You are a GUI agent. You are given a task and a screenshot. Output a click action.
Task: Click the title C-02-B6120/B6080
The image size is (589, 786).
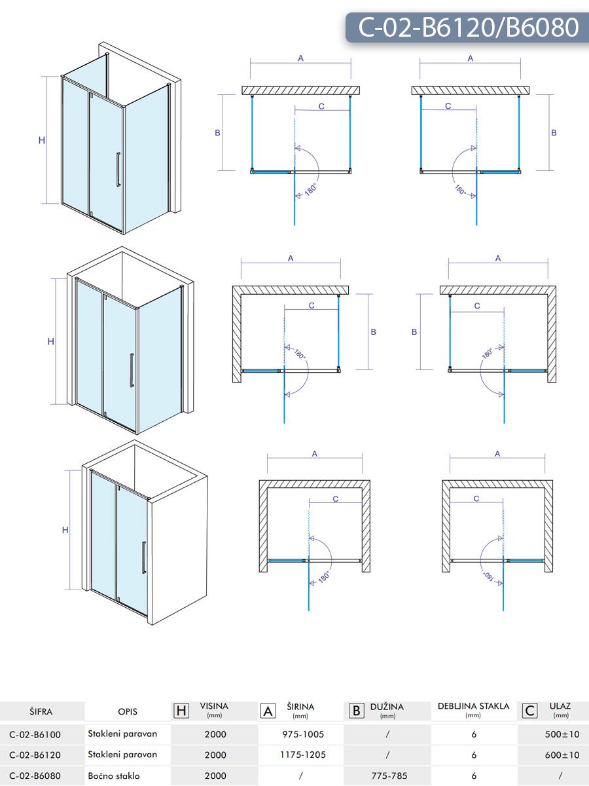[468, 28]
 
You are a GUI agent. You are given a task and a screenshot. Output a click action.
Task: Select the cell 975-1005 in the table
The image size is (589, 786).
[303, 734]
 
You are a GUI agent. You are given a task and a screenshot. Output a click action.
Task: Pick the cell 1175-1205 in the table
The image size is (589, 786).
[303, 755]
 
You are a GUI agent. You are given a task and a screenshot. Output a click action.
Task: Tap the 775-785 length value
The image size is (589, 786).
[389, 776]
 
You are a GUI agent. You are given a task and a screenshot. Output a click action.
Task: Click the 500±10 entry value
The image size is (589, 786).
[562, 734]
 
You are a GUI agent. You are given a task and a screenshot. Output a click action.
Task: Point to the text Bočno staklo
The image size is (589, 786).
[114, 776]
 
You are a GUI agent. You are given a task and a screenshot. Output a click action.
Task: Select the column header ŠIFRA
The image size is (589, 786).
[41, 711]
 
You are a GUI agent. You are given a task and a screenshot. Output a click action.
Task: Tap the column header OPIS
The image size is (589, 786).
[128, 711]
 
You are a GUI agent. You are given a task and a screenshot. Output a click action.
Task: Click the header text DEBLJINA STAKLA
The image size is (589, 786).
[474, 706]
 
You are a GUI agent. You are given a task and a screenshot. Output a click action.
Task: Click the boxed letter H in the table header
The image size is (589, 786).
[182, 711]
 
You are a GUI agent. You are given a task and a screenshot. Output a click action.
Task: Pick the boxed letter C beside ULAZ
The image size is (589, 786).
[531, 711]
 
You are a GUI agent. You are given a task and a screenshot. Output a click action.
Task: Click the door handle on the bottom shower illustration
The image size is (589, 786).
[144, 557]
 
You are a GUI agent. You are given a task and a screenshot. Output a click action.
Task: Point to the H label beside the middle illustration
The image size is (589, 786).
[51, 341]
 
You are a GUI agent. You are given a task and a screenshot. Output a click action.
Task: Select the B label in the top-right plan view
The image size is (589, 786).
[554, 132]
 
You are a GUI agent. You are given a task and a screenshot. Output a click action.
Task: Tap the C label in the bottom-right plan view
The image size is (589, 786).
[476, 498]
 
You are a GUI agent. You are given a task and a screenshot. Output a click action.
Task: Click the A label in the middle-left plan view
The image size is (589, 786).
[291, 258]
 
